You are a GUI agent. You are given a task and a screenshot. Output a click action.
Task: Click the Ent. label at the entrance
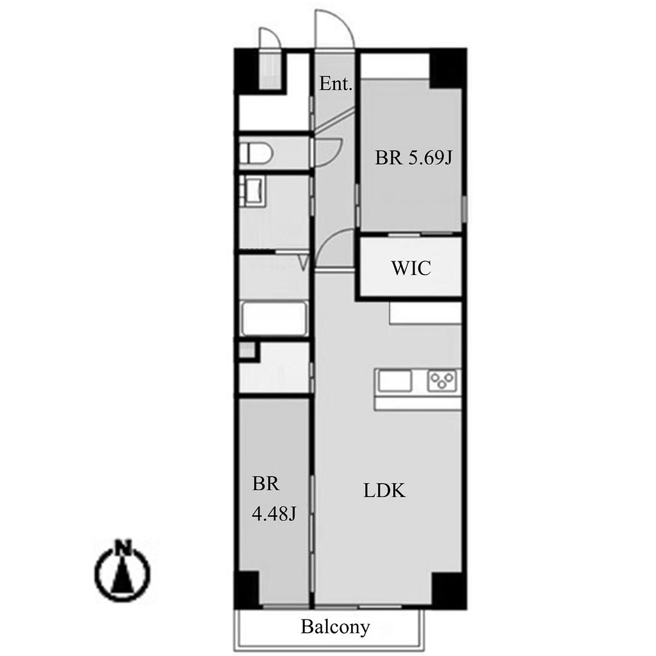click(x=336, y=84)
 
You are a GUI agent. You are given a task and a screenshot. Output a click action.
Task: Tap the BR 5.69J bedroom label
click(x=413, y=158)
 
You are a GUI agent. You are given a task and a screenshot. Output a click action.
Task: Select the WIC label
click(x=411, y=268)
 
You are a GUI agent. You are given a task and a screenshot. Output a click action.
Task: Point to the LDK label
click(x=384, y=490)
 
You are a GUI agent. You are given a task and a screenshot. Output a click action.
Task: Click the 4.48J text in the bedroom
click(x=274, y=513)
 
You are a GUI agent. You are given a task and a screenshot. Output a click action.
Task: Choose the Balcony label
click(x=336, y=627)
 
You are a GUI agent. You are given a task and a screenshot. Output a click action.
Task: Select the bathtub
click(x=274, y=318)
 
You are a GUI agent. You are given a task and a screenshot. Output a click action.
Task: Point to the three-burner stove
click(x=442, y=381)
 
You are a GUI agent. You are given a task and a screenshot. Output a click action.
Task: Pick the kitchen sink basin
click(x=395, y=381)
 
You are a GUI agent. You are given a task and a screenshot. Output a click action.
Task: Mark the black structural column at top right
click(x=448, y=68)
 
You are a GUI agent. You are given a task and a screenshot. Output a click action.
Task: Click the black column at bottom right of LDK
click(x=448, y=590)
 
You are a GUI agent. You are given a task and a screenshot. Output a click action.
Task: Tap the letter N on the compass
click(x=122, y=547)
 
